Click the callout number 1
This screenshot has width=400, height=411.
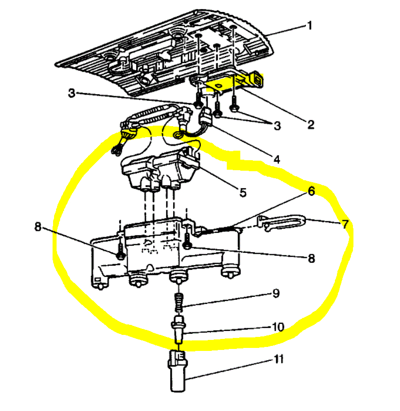309,25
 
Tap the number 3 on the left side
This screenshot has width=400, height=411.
72,93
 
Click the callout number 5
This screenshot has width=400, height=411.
242,192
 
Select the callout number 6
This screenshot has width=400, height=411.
311,192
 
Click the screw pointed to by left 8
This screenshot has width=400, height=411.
121,253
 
